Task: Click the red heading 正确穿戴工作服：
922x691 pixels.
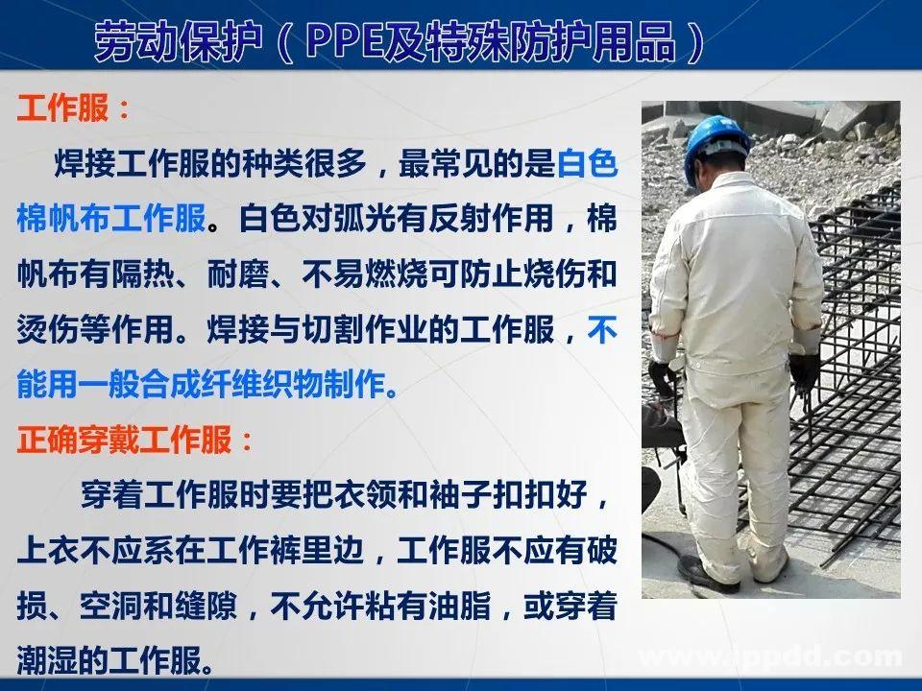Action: pos(135,441)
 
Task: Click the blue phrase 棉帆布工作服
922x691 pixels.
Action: pos(111,220)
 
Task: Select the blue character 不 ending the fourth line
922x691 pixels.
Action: pos(601,330)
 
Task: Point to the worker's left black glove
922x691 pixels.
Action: pos(662,377)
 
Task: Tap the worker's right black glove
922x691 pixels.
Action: pos(804,371)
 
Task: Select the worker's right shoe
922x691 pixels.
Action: pos(770,566)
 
